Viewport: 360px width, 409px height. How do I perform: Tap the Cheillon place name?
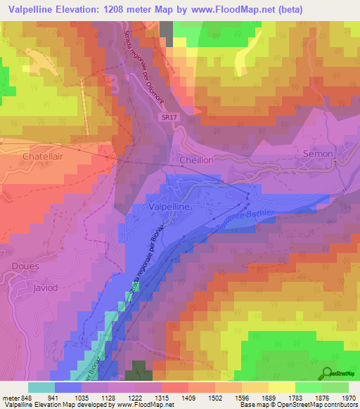click(x=196, y=160)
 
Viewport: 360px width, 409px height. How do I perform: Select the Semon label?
click(x=316, y=153)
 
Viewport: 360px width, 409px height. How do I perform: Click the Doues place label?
click(x=25, y=266)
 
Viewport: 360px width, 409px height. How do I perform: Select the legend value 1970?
click(x=345, y=397)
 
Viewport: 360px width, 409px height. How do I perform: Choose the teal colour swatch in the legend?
click(x=41, y=387)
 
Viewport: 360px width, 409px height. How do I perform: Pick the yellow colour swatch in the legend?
click(x=282, y=387)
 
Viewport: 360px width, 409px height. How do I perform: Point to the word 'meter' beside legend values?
click(x=9, y=397)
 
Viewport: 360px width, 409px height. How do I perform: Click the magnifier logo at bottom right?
click(x=327, y=373)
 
